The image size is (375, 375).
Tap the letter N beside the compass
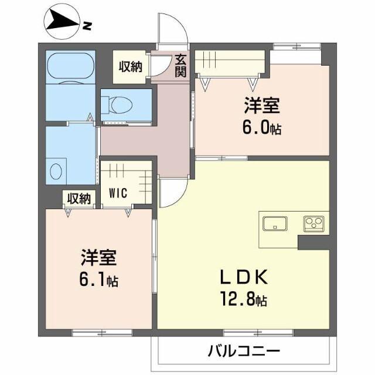coord(87,26)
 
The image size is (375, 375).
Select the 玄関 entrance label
coord(179,65)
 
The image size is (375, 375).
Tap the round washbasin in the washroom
coord(56,171)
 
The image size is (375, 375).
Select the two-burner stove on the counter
coord(313,223)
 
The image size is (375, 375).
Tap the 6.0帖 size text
coord(262,128)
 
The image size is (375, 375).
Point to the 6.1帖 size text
coord(99,280)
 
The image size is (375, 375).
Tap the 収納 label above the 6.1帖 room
coord(79,199)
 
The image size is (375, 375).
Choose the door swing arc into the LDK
coord(173,193)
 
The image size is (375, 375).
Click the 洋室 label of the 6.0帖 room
coord(262,107)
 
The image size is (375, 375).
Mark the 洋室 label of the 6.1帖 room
coord(98,258)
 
